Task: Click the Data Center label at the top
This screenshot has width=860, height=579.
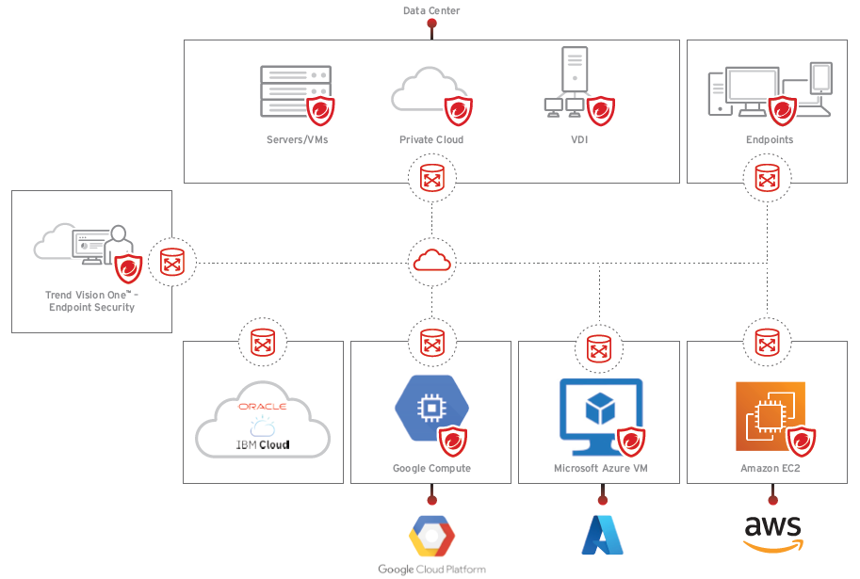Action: coord(431,11)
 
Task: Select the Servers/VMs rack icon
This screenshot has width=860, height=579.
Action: coord(293,91)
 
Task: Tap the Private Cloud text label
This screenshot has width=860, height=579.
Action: coord(431,140)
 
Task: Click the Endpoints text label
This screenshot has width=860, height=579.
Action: coord(769,140)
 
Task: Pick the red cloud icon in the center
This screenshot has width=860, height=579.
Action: coord(431,260)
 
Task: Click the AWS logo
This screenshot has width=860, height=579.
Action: coord(771,533)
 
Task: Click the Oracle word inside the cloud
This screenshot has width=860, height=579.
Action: coord(262,407)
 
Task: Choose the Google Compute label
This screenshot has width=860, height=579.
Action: coord(431,468)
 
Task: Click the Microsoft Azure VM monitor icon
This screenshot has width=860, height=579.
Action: coord(600,410)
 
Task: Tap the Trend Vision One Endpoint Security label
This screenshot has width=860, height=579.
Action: coord(90,301)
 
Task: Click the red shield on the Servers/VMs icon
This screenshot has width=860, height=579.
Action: coord(322,110)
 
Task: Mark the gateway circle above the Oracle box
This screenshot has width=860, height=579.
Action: coord(263,342)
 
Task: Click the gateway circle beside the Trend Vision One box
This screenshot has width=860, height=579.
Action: coord(172,262)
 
